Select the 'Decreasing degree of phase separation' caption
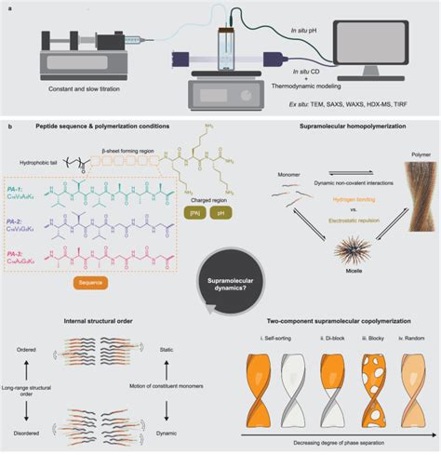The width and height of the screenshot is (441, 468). pyautogui.click(x=333, y=448)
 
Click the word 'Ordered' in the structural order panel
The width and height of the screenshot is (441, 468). pyautogui.click(x=24, y=351)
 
